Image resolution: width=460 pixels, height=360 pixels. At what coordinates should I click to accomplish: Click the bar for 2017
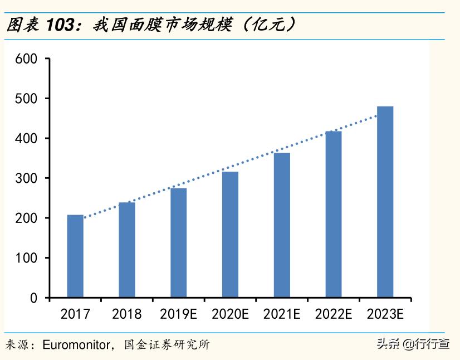pyautogui.click(x=75, y=256)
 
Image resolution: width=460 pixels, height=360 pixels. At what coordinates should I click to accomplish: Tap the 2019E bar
pyautogui.click(x=179, y=242)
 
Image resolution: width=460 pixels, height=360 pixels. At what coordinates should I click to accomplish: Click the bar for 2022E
pyautogui.click(x=334, y=214)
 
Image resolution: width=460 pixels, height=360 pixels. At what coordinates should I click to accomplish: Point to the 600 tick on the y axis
pyautogui.click(x=26, y=59)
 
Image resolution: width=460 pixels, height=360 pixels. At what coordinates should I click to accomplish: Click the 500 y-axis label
pyautogui.click(x=26, y=99)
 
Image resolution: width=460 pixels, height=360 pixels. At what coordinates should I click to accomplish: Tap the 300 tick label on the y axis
pyautogui.click(x=26, y=178)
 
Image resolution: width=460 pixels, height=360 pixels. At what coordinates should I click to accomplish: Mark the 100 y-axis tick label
pyautogui.click(x=26, y=258)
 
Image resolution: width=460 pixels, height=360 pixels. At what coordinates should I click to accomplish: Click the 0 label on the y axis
pyautogui.click(x=33, y=298)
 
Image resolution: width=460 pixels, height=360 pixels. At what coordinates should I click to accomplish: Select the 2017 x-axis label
pyautogui.click(x=75, y=314)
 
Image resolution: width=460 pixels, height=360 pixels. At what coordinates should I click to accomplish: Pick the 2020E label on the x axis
pyautogui.click(x=230, y=314)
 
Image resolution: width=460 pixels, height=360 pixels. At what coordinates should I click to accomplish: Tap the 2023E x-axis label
pyautogui.click(x=385, y=314)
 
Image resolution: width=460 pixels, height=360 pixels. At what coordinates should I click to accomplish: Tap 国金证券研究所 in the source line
pyautogui.click(x=167, y=344)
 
